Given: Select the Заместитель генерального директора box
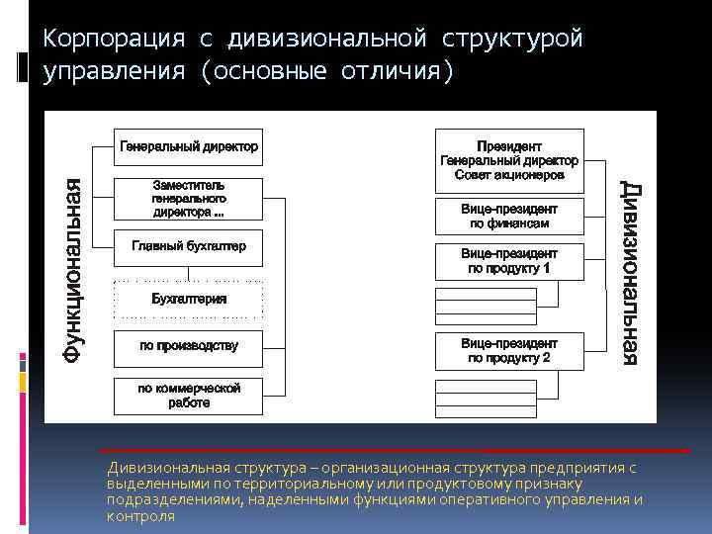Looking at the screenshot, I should [189, 199].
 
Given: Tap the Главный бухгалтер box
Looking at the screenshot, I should [189, 247].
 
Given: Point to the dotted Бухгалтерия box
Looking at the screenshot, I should [189, 299].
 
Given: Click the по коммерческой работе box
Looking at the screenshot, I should [189, 396].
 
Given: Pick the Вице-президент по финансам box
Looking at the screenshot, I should [509, 217].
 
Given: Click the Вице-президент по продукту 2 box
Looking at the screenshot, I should [509, 350].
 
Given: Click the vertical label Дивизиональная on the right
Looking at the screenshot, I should [630, 273].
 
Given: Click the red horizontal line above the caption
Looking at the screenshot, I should [396, 451].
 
